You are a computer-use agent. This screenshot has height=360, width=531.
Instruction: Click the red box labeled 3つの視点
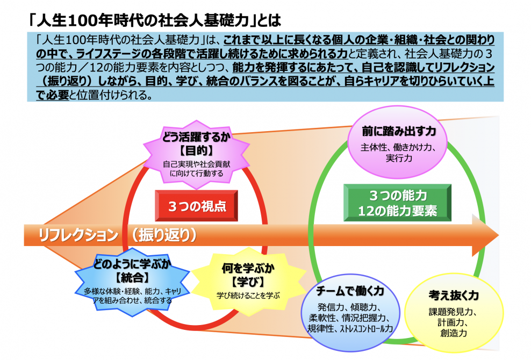(196, 206)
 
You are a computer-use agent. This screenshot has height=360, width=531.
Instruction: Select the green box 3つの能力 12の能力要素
(398, 203)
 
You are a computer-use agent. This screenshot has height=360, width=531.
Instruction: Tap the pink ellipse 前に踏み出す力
(398, 142)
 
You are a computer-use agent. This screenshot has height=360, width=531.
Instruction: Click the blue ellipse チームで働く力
(350, 313)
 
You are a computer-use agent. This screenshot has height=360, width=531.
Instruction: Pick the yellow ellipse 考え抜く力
(454, 312)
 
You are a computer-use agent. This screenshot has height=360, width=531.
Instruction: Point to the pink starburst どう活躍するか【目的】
(196, 155)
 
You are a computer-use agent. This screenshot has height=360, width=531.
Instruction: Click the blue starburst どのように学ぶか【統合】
(132, 282)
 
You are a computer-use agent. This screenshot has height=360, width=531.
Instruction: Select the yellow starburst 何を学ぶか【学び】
(248, 282)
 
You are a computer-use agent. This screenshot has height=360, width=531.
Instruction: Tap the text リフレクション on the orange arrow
(78, 235)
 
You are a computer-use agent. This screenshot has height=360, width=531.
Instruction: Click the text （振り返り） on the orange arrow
(164, 235)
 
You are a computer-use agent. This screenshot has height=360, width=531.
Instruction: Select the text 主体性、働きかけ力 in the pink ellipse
(398, 147)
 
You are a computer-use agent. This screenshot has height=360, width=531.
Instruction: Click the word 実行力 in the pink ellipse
(399, 158)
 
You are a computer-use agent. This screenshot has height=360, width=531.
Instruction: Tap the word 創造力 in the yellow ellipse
(454, 333)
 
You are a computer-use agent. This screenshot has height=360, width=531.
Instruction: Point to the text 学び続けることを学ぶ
(248, 296)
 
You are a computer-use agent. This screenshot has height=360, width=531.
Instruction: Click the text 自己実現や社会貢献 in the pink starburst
(196, 164)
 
